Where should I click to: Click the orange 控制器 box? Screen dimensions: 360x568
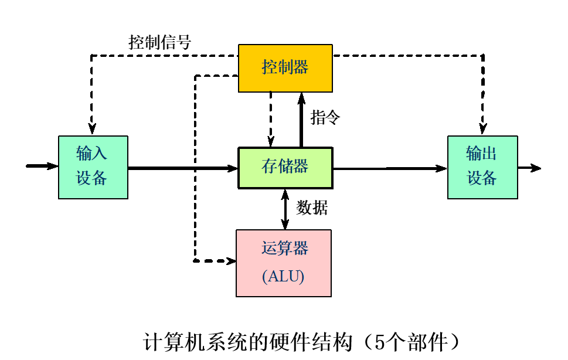(x=285, y=68)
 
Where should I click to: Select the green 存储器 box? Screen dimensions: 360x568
(x=285, y=168)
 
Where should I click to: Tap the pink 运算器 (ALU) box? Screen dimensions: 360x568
(x=283, y=263)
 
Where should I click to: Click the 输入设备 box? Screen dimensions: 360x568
(x=93, y=168)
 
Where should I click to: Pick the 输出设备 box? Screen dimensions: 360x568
(x=482, y=168)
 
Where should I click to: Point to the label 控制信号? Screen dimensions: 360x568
(x=159, y=42)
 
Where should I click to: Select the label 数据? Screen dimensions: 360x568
(x=312, y=208)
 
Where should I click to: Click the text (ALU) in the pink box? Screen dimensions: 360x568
(x=283, y=277)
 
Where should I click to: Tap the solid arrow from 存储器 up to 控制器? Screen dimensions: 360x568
(x=301, y=120)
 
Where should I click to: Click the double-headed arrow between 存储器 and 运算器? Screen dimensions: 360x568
(x=285, y=209)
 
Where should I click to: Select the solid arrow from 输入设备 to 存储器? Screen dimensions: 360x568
(x=182, y=168)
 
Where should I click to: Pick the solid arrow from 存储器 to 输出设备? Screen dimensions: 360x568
(x=389, y=168)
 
